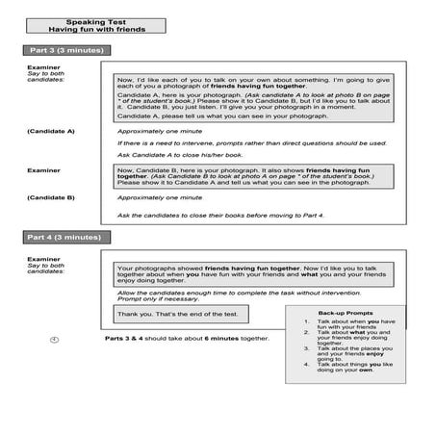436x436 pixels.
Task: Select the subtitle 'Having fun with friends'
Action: [x=92, y=28]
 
